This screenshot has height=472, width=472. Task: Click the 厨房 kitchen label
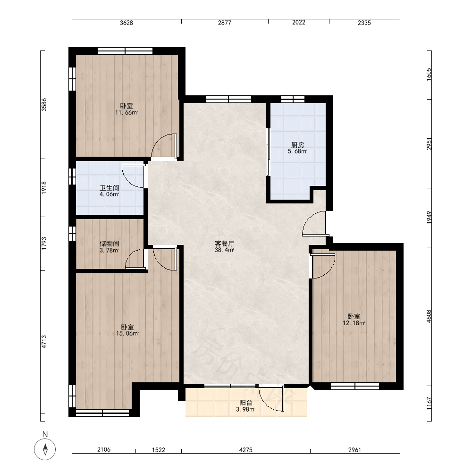click(x=297, y=145)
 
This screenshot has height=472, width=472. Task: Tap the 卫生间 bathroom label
click(x=110, y=188)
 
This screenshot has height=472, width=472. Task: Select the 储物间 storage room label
click(x=110, y=244)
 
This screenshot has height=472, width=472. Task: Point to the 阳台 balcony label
click(x=245, y=403)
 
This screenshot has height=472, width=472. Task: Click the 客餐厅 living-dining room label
click(x=225, y=244)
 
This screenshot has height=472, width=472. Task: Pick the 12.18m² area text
click(x=354, y=323)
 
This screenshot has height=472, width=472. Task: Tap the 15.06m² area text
click(x=127, y=334)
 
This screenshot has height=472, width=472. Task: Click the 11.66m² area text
click(x=126, y=113)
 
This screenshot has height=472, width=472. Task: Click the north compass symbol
click(x=45, y=449)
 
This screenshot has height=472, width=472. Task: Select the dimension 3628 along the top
click(x=126, y=23)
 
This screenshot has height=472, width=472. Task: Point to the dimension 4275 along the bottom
click(x=245, y=450)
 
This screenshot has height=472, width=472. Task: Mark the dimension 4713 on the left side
click(x=44, y=342)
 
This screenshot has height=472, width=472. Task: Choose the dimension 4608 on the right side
click(x=429, y=316)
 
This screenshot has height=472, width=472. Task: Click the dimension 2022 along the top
click(x=299, y=23)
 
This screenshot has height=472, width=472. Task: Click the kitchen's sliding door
click(x=268, y=152)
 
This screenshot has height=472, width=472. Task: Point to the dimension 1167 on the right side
click(x=429, y=403)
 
